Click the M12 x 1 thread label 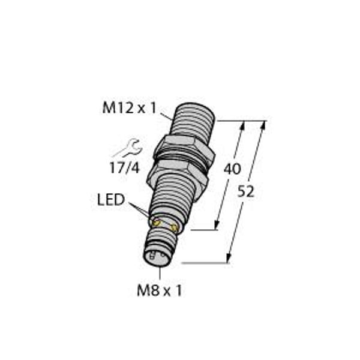pyautogui.click(x=129, y=108)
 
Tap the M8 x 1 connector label pyautogui.click(x=159, y=290)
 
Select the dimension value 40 pyautogui.click(x=232, y=169)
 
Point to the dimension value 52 pyautogui.click(x=245, y=192)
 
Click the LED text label pyautogui.click(x=111, y=200)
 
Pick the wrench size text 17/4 pyautogui.click(x=125, y=168)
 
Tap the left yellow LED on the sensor pyautogui.click(x=157, y=223)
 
